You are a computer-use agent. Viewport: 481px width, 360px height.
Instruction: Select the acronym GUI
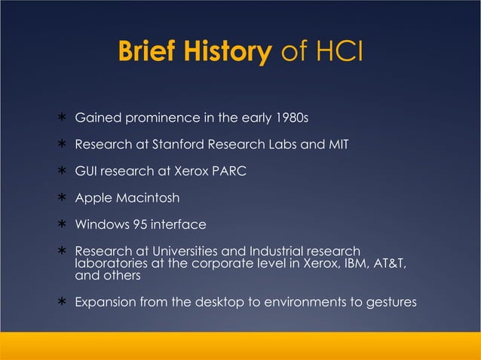[x=85, y=171]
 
